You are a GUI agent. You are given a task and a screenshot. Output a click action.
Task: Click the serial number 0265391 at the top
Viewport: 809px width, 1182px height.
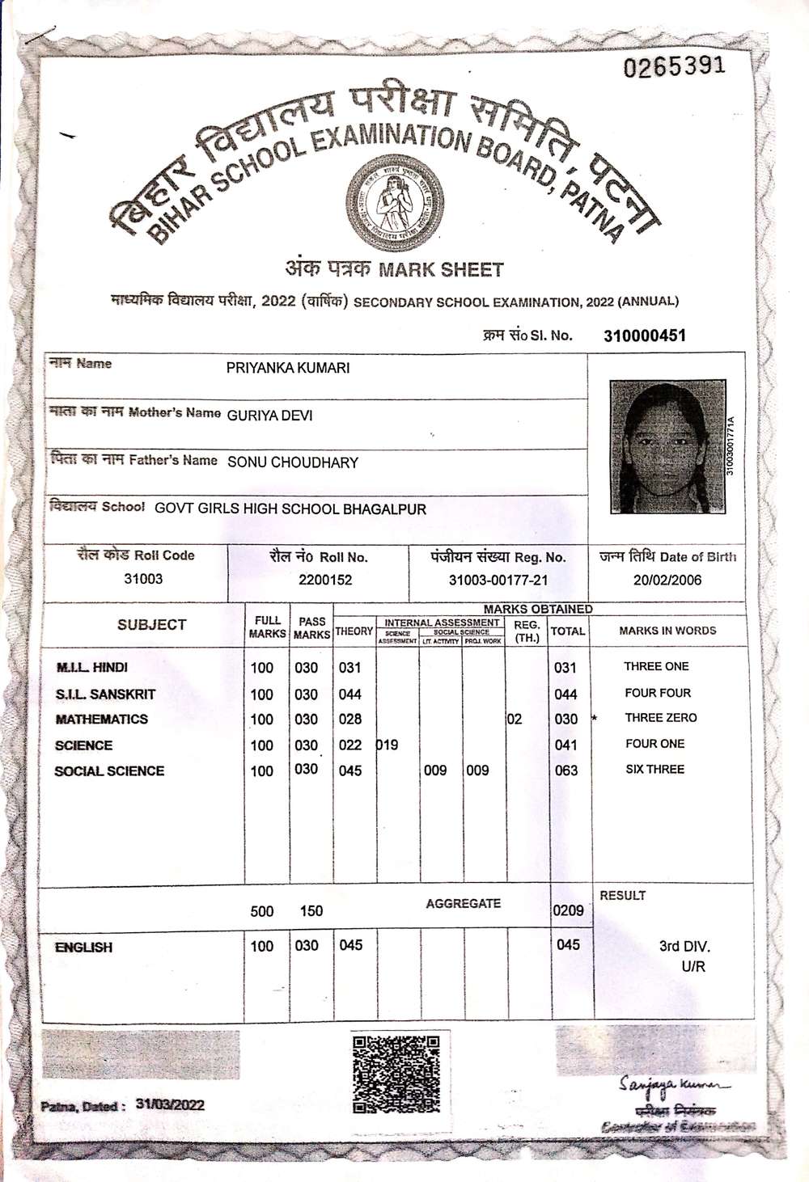coord(673,66)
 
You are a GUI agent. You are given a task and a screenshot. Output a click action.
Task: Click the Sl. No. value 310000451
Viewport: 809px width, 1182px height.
coord(644,336)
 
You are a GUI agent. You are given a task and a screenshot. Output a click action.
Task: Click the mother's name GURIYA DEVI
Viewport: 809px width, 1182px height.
coord(269,416)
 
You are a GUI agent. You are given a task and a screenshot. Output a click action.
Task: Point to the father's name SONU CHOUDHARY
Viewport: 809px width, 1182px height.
coord(293,462)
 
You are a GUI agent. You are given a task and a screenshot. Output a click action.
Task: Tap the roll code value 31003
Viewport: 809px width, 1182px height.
coord(143,579)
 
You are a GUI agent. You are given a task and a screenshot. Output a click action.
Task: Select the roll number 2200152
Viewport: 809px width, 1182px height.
coord(325,580)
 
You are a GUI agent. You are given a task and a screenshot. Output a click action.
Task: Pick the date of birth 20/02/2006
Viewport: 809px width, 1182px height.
coord(667,580)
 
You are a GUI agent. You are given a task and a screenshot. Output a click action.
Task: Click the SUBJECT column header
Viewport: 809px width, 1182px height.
coord(151,625)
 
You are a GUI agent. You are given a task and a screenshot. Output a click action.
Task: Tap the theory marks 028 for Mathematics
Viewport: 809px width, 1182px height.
coord(350,720)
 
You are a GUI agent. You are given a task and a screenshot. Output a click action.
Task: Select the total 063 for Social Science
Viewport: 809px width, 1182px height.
coord(566,770)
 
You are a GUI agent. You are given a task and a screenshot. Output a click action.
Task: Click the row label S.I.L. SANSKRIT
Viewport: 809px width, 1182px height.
coord(105,694)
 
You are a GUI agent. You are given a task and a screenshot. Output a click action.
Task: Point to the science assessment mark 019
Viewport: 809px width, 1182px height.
coord(388,745)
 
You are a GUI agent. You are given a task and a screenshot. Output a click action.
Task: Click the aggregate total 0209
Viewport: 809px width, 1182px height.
coord(568,910)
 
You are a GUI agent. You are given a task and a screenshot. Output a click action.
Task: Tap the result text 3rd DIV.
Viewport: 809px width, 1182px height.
coord(684,947)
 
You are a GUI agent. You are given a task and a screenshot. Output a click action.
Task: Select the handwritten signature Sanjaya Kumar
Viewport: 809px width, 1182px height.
coord(672,1084)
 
